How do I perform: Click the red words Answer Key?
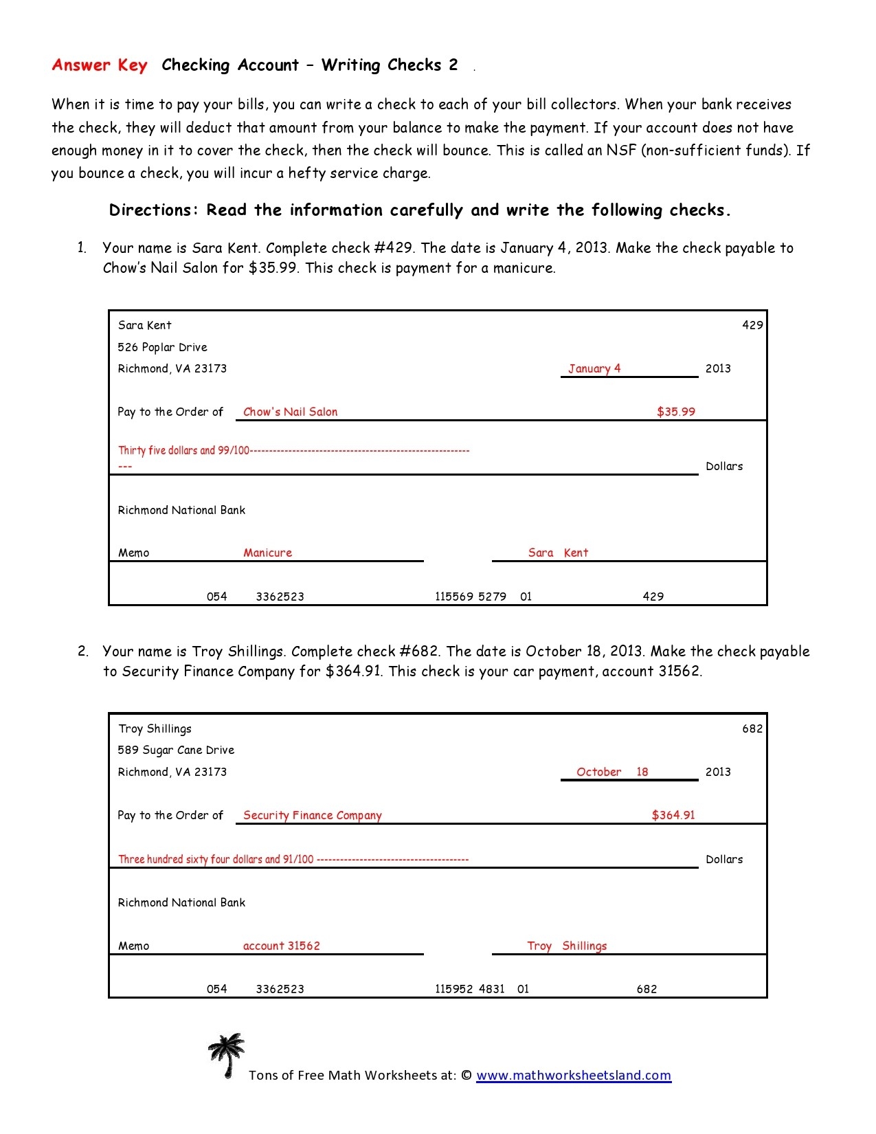point(100,65)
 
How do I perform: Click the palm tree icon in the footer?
point(226,1055)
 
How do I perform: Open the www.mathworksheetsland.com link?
point(573,1076)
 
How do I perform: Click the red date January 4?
point(594,368)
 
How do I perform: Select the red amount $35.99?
point(675,412)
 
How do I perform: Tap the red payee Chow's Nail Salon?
point(290,412)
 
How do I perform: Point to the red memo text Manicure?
point(267,553)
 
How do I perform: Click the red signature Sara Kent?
point(558,553)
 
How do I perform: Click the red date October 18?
point(611,772)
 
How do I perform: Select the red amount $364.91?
point(673,815)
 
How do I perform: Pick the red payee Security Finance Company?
point(312,815)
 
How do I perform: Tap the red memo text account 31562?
point(281,946)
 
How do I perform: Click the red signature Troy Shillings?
point(567,946)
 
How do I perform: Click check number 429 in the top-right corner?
point(752,325)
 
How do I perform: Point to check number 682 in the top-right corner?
point(752,729)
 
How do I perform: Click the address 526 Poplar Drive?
point(162,347)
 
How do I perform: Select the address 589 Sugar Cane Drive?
point(176,750)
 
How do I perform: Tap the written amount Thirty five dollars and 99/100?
point(183,451)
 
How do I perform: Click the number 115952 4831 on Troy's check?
point(469,989)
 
